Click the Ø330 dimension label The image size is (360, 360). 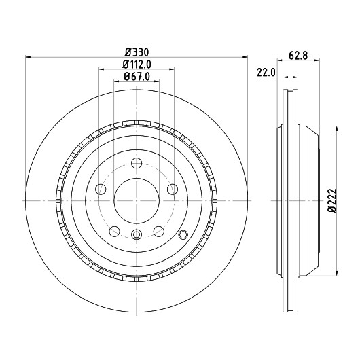(137, 52)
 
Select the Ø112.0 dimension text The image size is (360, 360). (137, 65)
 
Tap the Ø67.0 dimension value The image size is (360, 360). (137, 77)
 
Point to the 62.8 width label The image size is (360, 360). (298, 56)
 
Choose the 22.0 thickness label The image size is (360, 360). (266, 73)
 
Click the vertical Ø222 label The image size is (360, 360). (332, 200)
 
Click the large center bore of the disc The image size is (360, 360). (137, 200)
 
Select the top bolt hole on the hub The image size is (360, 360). (137, 163)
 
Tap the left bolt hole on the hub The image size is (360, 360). (101, 190)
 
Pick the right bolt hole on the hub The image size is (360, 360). (173, 190)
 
